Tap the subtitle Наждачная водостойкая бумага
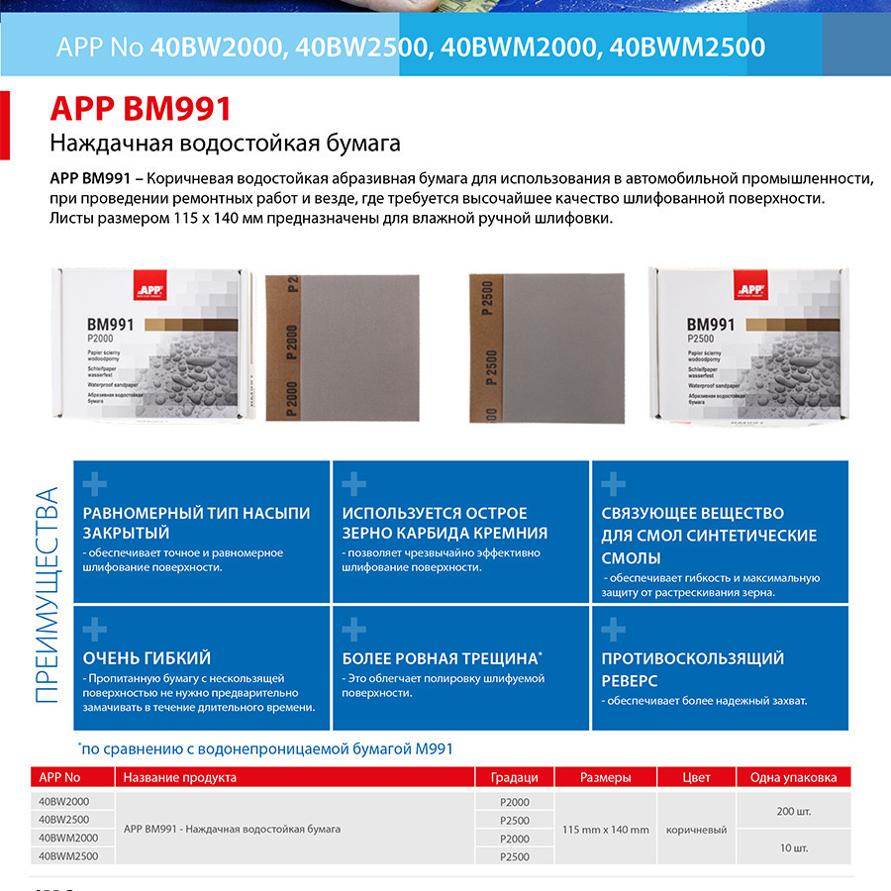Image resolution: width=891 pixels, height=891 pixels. [225, 144]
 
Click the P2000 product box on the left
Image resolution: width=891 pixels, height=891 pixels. [149, 345]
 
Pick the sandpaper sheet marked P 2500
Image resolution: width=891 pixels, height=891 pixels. [545, 346]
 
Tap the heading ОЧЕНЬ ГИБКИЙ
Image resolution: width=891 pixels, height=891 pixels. [147, 658]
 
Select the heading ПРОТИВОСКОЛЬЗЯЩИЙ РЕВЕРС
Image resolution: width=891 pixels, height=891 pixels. [692, 669]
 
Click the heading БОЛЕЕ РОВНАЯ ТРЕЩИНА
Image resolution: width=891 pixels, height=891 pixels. [441, 658]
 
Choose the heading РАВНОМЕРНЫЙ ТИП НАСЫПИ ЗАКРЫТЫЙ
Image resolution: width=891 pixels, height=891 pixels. [196, 524]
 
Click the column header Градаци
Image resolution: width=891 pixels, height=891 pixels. [514, 777]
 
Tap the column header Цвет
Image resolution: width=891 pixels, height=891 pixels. [696, 777]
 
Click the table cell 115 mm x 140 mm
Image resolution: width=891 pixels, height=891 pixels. [605, 829]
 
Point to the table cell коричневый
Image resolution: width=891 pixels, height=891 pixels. [696, 829]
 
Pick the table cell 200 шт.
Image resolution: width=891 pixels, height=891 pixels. [794, 811]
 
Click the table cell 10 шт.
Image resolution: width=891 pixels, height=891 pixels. [794, 847]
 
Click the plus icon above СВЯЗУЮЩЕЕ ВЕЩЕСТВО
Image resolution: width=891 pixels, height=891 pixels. [614, 484]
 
